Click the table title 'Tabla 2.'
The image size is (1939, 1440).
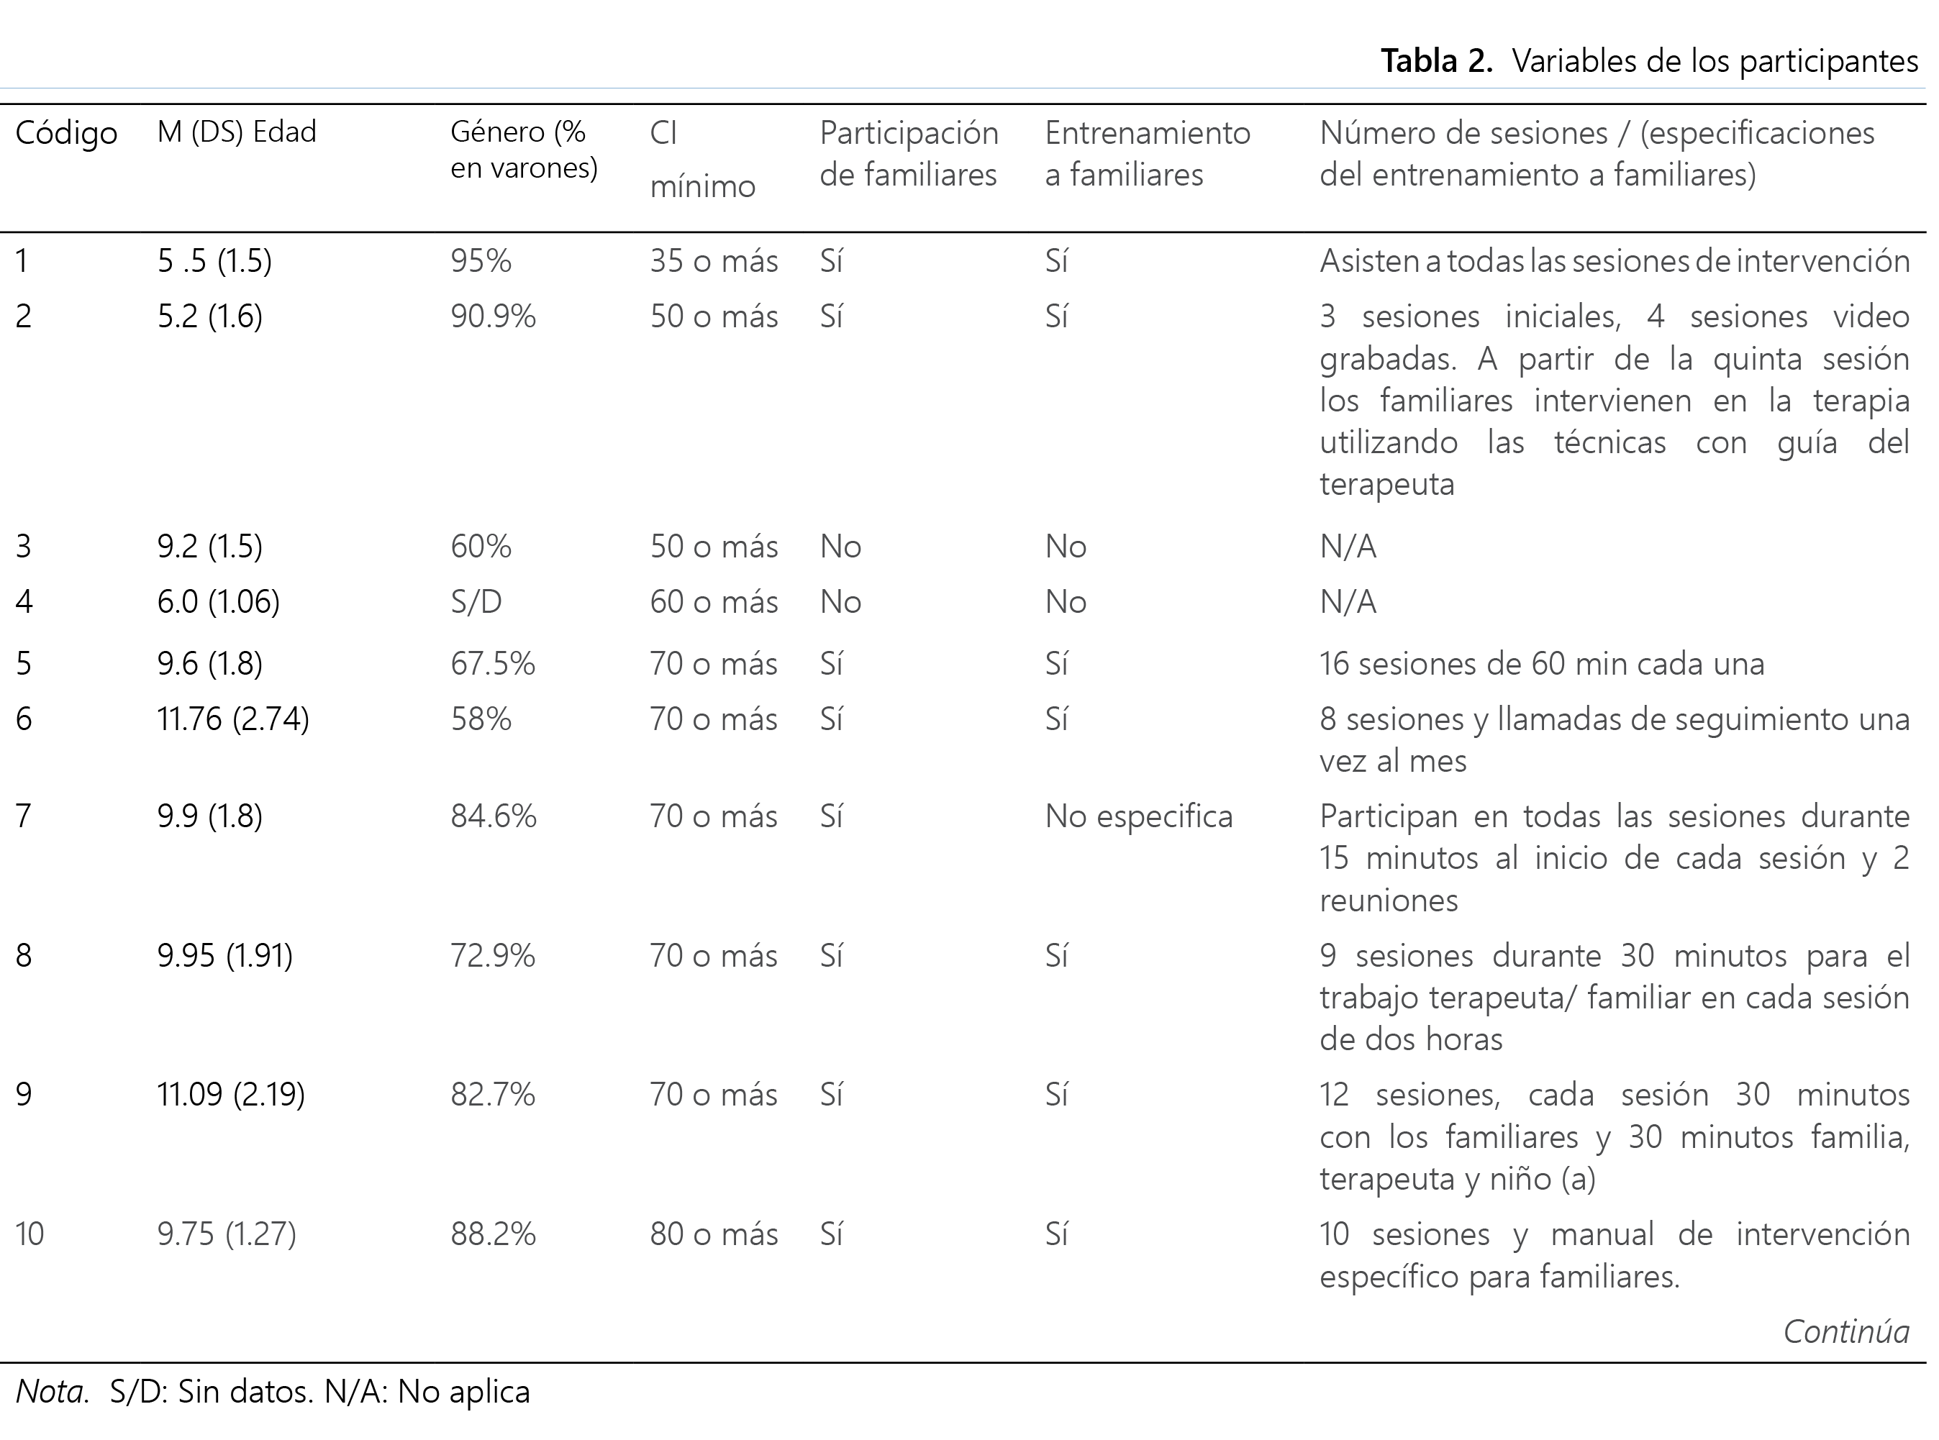pos(1437,61)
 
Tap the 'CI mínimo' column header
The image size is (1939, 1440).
pos(701,160)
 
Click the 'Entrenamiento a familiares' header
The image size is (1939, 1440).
pos(1148,153)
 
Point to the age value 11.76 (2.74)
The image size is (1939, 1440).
pos(233,719)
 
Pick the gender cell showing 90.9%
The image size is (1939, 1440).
pos(493,316)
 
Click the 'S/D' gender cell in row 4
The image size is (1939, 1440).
pos(476,601)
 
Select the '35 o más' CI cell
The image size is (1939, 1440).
pos(713,260)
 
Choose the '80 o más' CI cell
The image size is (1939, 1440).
pos(713,1234)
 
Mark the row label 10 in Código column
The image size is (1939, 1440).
pos(29,1234)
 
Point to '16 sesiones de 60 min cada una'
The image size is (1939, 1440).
pos(1541,663)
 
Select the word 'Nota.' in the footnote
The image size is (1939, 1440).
pos(53,1391)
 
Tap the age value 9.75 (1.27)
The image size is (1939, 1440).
pos(227,1234)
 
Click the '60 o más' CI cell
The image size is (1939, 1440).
pos(713,601)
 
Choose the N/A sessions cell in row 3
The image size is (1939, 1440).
pos(1348,547)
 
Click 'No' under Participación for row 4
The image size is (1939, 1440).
pos(840,601)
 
